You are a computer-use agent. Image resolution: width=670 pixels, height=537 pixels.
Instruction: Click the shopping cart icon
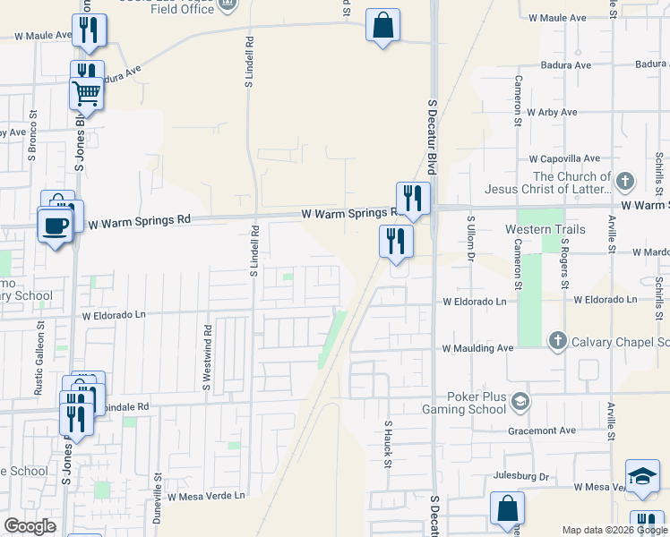(87, 92)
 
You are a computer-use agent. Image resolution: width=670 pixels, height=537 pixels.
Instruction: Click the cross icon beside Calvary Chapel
(557, 340)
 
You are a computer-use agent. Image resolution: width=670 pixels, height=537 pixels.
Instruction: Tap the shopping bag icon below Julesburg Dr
(507, 507)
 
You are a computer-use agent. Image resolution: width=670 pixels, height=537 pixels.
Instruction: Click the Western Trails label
(545, 230)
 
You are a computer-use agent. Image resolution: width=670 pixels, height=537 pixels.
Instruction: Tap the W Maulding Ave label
(477, 348)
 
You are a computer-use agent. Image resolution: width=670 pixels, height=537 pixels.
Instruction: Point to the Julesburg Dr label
(518, 477)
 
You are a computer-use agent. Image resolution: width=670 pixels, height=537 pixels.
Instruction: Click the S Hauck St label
(388, 445)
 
